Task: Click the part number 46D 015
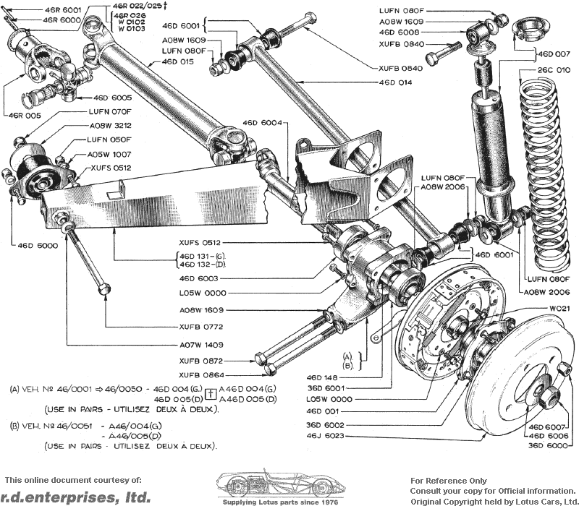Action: coord(177,61)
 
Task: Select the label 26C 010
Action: coord(554,69)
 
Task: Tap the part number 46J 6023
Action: coord(325,436)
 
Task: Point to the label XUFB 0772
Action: coord(201,327)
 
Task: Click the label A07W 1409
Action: coord(201,345)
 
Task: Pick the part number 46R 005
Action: coord(25,116)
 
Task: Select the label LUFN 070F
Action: coord(110,111)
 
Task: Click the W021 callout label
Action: coord(559,309)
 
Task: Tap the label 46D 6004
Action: coord(262,122)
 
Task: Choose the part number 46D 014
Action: coord(395,82)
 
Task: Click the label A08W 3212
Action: coord(111,125)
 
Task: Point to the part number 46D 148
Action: coord(321,377)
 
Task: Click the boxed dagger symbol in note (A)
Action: coord(211,394)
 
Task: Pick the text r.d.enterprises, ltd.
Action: coord(76,497)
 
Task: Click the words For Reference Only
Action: coord(449,481)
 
